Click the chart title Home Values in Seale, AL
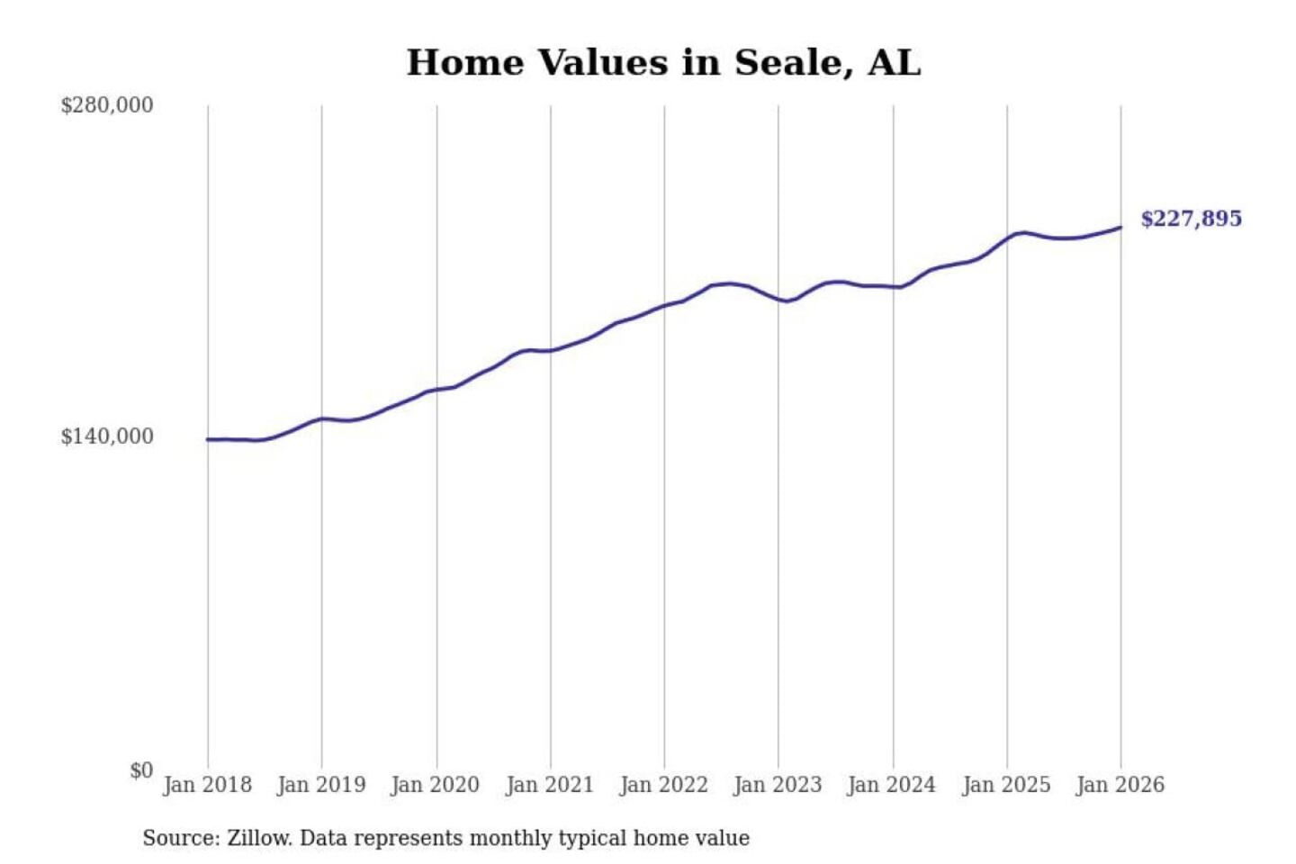point(663,63)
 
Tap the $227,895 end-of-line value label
point(1191,219)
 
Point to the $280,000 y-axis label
point(107,105)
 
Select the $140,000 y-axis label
point(107,436)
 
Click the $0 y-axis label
point(141,770)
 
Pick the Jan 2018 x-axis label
point(207,785)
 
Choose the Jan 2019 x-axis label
point(321,785)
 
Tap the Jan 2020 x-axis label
point(436,785)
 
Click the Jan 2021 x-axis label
point(550,785)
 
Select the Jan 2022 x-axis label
point(664,785)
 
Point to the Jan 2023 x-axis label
point(778,785)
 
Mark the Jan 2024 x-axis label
point(892,785)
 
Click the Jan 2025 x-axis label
point(1006,785)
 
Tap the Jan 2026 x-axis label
point(1120,785)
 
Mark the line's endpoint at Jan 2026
point(1120,227)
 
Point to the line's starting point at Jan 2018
point(208,439)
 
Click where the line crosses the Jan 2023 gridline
point(778,299)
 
